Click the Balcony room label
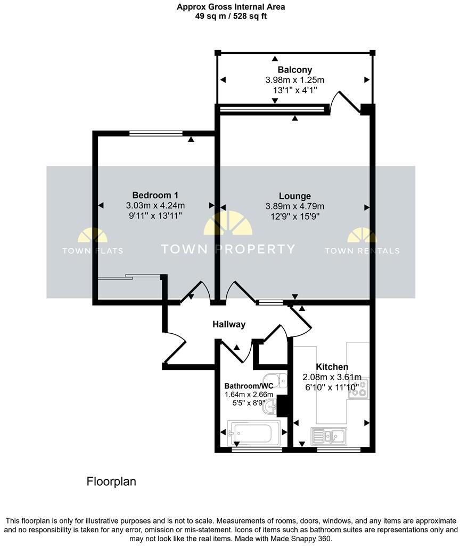tap(294, 70)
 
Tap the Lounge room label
tap(294, 196)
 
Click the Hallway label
tap(229, 324)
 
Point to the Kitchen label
tap(332, 367)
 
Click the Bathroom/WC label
tap(249, 386)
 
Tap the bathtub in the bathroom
tap(253, 433)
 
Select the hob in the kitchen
tap(358, 389)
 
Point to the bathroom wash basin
tap(272, 408)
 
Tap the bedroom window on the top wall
tap(156, 133)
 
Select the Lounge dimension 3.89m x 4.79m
tap(294, 206)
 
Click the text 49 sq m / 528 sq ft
tap(231, 16)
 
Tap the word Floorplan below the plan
tap(111, 481)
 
